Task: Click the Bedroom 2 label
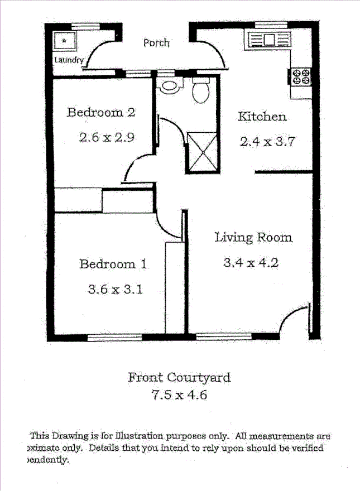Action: coord(101,112)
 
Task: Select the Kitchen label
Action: coord(262,117)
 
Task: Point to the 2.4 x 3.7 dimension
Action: coord(267,142)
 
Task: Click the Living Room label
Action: coord(253,238)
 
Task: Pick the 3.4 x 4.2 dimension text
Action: coord(251,263)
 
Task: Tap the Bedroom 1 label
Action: coord(113,264)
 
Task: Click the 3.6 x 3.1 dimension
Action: coord(116,289)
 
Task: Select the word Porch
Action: coord(156,42)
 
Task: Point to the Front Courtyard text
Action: coord(179,377)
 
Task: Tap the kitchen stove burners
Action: coord(301,76)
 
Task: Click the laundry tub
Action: coord(65,41)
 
